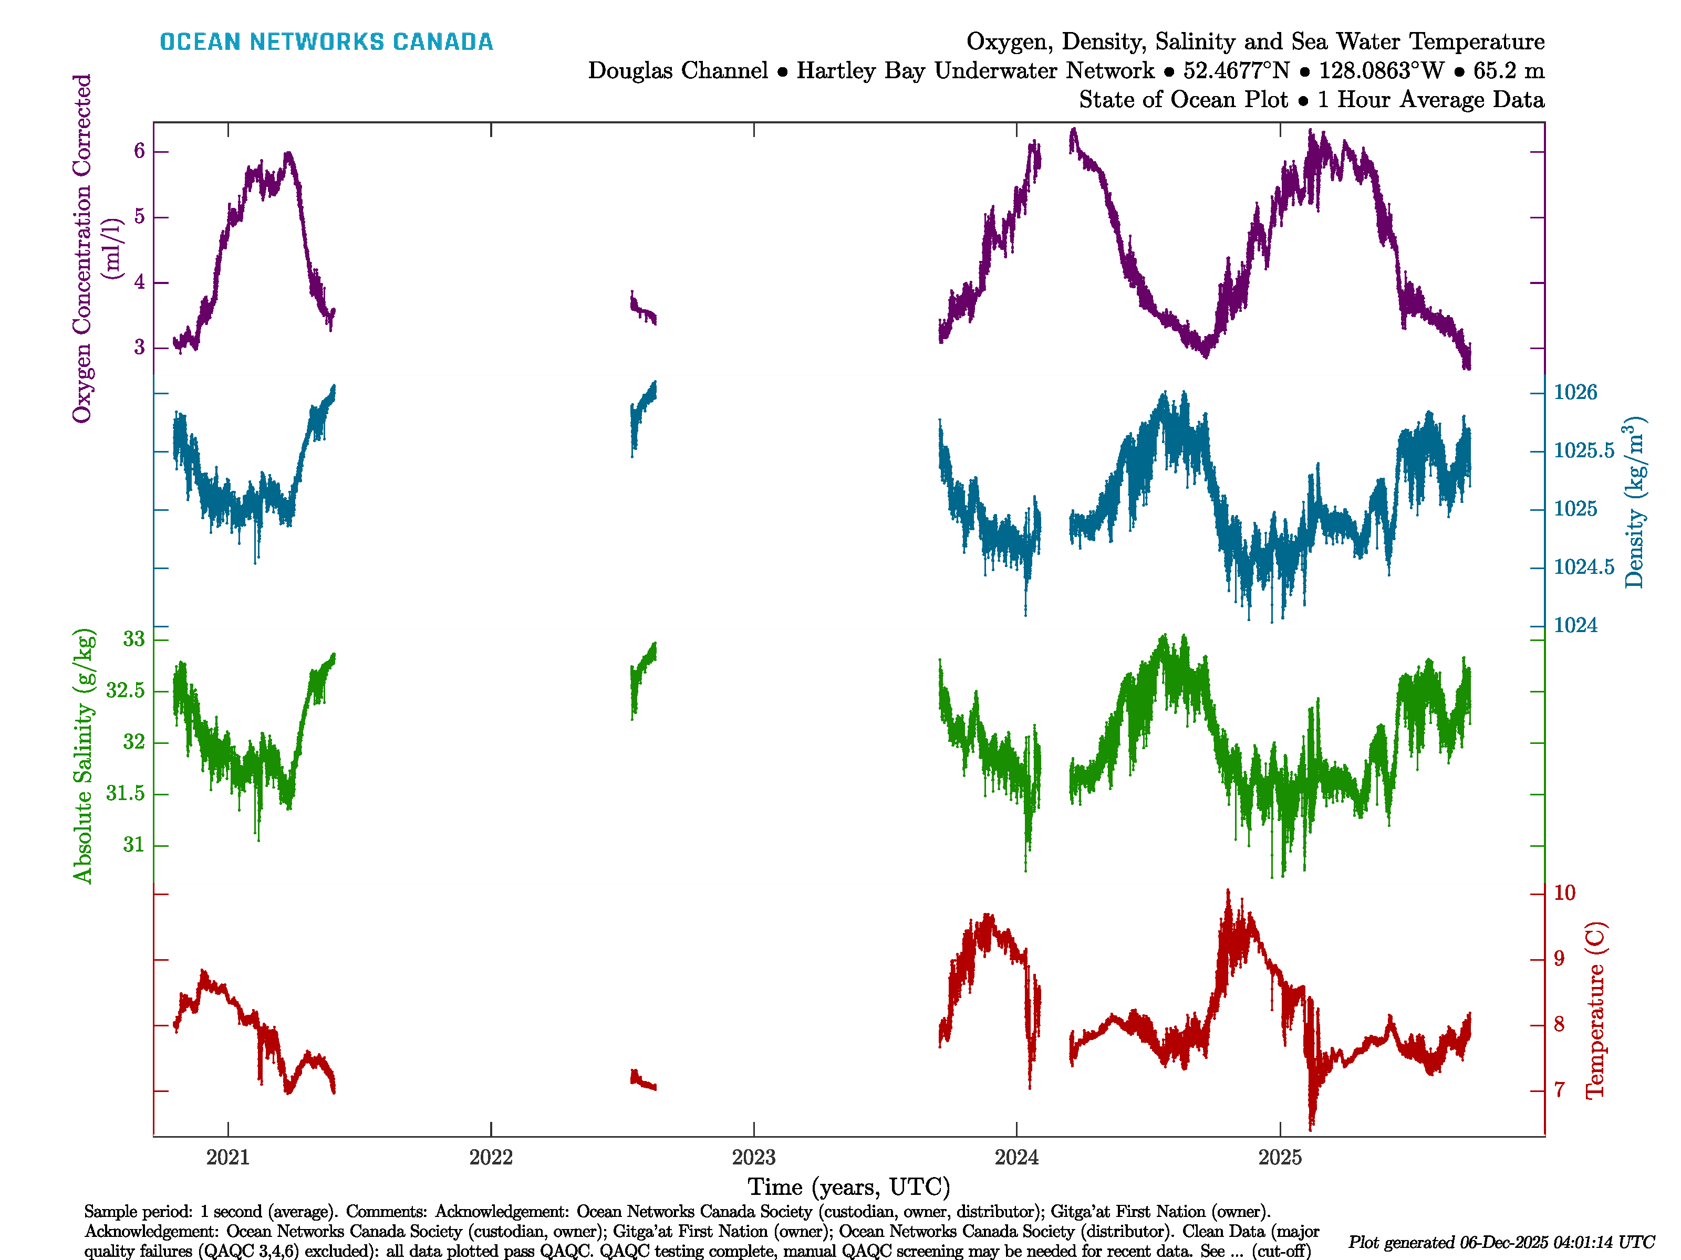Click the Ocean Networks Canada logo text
point(326,42)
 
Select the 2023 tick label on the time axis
point(753,1158)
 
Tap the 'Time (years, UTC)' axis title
point(849,1186)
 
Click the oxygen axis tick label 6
point(139,151)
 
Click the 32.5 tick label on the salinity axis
point(126,690)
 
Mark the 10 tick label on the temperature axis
point(1564,893)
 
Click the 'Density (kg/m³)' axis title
point(1635,502)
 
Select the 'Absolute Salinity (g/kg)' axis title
point(83,755)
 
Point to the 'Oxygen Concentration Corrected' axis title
point(81,248)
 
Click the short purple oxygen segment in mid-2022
point(643,309)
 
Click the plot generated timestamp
point(1501,1243)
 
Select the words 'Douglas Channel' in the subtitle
point(678,71)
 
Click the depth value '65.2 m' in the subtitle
point(1509,71)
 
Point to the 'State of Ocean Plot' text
point(1183,100)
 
